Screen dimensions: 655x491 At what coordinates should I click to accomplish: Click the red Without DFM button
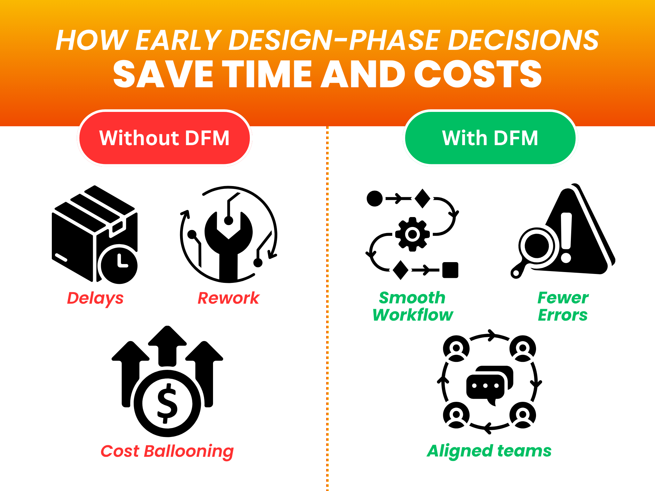pos(164,138)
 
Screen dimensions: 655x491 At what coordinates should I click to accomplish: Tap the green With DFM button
pos(490,138)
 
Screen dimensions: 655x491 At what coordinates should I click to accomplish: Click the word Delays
pos(95,299)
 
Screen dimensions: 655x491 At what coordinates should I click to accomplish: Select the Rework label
pos(228,298)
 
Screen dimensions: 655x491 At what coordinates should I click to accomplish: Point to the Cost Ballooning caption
pos(167,451)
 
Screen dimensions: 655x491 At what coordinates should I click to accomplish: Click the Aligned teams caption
pos(489,451)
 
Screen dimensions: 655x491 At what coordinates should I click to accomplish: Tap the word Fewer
pos(563,298)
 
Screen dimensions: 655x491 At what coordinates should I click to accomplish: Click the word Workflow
pos(413,315)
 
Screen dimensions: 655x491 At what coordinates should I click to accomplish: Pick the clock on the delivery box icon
pos(119,265)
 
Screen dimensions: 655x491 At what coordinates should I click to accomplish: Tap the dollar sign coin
pos(167,403)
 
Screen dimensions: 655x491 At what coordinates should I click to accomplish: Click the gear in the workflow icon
pos(413,234)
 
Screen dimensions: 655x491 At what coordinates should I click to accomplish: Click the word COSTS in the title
pos(478,74)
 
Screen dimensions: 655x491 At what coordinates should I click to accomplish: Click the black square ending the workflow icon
pos(450,270)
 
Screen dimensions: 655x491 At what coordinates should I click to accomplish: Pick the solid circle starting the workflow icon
pos(375,199)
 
